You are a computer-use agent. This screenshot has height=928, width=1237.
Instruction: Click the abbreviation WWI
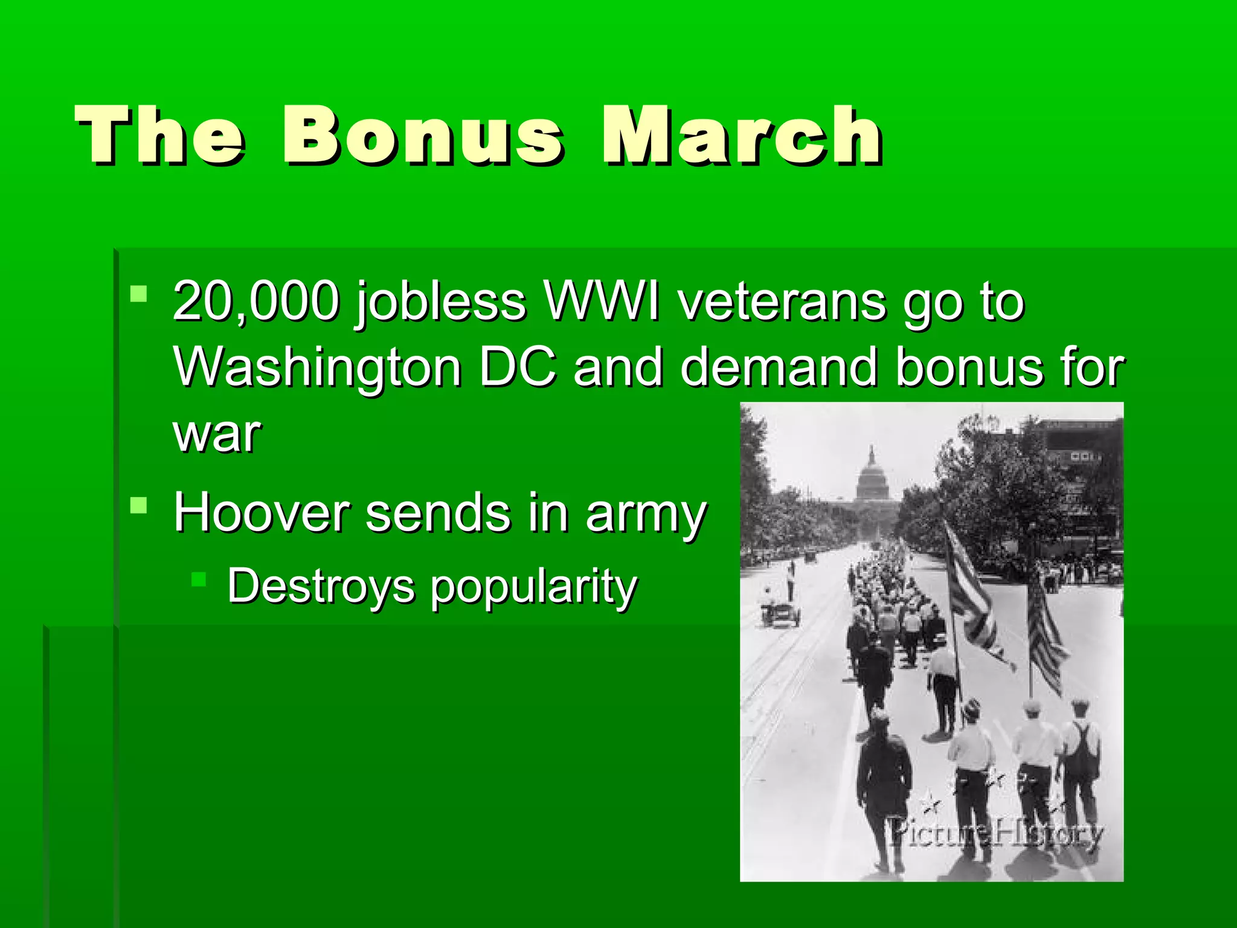[x=602, y=301]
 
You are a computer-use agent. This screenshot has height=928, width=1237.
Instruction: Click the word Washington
[x=318, y=367]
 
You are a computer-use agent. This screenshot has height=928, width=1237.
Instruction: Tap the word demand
[x=780, y=366]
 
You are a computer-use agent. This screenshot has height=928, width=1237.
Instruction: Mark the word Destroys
[x=321, y=586]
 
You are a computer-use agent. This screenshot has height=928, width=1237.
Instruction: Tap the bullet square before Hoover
[x=138, y=504]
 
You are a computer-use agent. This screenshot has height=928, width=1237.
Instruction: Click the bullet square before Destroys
[x=199, y=579]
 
